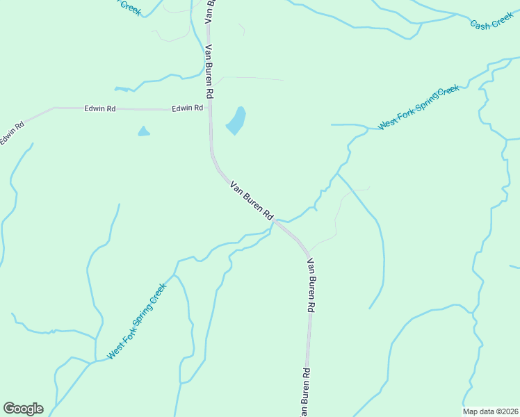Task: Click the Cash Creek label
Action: click(491, 24)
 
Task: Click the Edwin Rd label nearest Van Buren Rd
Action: click(188, 108)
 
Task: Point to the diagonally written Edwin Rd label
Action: click(11, 133)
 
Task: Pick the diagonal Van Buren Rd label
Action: click(251, 201)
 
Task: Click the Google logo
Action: click(23, 409)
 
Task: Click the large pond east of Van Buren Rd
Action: click(236, 121)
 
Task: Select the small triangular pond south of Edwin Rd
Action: click(144, 131)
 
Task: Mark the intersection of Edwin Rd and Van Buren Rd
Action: click(210, 109)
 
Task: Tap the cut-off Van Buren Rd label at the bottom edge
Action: click(304, 393)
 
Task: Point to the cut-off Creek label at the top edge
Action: click(130, 7)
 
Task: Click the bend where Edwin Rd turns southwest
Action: click(54, 108)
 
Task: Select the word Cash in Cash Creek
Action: click(480, 25)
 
